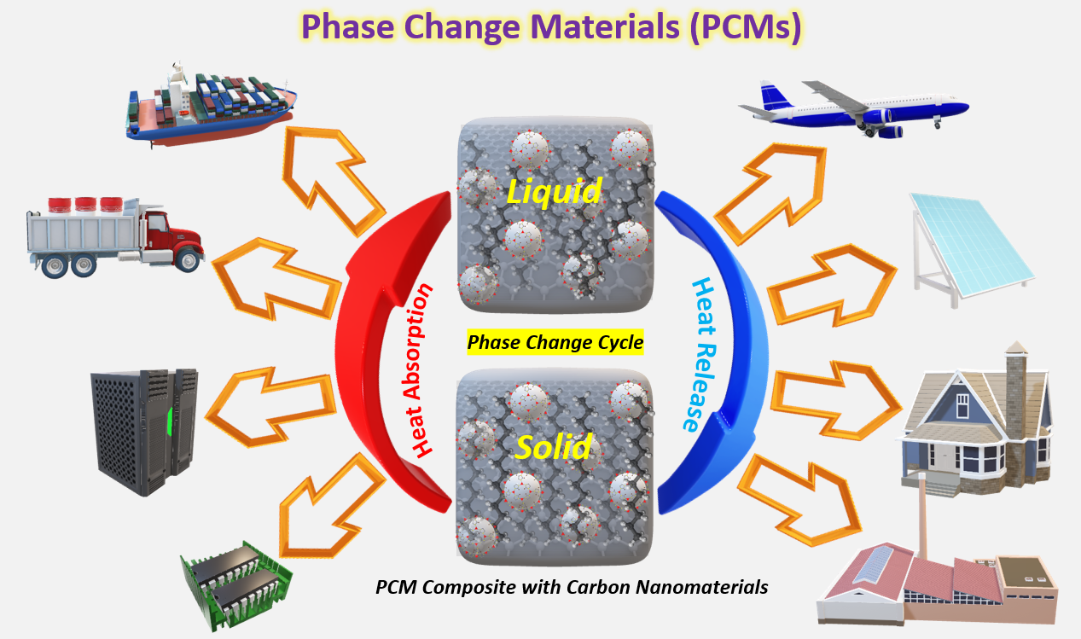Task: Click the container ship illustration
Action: pos(209,107)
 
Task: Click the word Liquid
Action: pos(555,191)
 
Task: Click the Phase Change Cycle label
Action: pos(555,343)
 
